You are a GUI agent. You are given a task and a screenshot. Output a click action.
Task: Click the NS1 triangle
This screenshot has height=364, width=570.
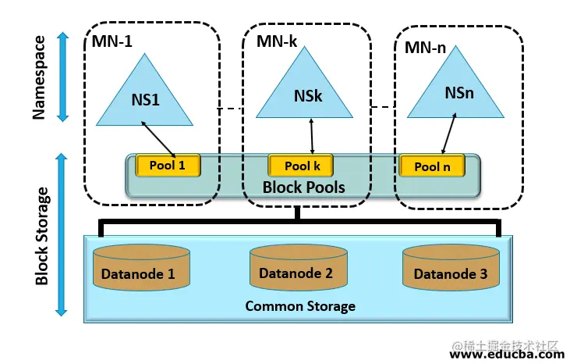[144, 98]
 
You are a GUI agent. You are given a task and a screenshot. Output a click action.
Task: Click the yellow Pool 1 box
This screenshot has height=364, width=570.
[168, 165]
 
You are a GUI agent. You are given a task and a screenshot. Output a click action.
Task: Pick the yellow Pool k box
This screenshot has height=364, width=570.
[301, 166]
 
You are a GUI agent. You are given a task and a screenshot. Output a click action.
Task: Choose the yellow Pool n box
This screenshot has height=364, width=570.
[432, 166]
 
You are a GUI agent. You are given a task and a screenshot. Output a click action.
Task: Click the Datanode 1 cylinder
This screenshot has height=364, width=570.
[140, 269]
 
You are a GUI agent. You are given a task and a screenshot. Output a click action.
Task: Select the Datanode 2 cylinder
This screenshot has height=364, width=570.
[296, 269]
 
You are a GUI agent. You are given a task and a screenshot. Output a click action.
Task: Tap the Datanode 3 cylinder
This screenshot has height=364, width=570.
[450, 269]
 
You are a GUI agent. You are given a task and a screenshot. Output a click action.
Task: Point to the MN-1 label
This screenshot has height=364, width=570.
[112, 41]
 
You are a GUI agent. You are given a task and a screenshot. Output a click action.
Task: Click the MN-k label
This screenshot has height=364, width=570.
[277, 41]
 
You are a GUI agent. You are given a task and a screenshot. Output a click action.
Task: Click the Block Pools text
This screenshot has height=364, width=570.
[303, 187]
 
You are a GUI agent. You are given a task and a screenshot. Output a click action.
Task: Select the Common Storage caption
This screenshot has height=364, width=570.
[300, 306]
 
